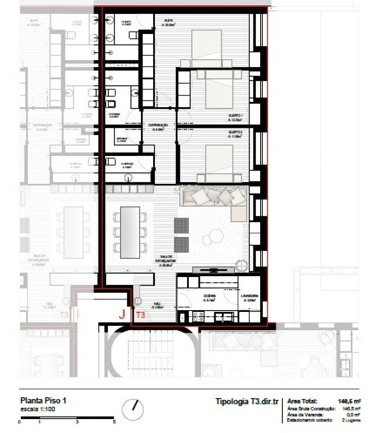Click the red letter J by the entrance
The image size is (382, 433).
coord(122,314)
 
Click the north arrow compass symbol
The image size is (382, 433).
coord(132,410)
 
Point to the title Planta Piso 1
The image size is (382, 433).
coord(43,401)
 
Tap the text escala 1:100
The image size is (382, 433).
coord(38,409)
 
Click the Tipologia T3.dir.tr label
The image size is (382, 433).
coord(247,402)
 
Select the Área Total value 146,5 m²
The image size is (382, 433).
coord(349,401)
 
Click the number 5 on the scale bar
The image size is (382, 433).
coord(114,422)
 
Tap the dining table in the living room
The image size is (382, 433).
coord(130,232)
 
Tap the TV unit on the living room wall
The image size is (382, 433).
coord(213,270)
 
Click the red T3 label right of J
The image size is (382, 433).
coord(140,315)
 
